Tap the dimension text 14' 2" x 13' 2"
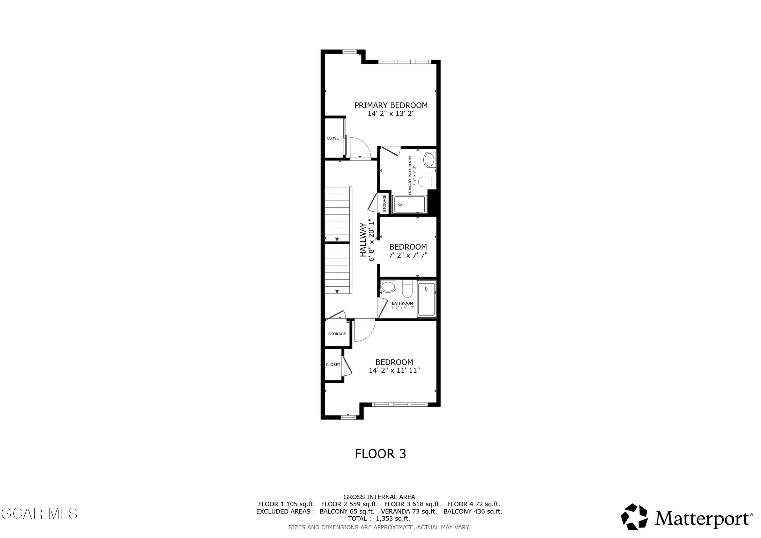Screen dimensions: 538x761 (x=391, y=114)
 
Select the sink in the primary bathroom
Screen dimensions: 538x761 (x=429, y=160)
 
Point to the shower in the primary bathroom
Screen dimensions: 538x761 (x=410, y=204)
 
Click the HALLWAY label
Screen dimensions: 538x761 (x=363, y=240)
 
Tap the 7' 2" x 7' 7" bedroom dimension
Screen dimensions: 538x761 (x=408, y=255)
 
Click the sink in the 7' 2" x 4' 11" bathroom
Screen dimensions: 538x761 (x=388, y=286)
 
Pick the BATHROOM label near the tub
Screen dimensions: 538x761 (x=402, y=303)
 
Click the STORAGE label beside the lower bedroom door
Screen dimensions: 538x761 (x=337, y=334)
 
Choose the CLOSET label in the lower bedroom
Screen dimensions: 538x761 (x=333, y=365)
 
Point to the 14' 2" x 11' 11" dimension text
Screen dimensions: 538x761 (x=394, y=370)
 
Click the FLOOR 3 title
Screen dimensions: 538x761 (x=380, y=454)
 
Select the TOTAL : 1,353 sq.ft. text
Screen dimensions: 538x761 (x=379, y=518)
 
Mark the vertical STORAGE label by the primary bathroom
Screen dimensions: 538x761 (x=385, y=203)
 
